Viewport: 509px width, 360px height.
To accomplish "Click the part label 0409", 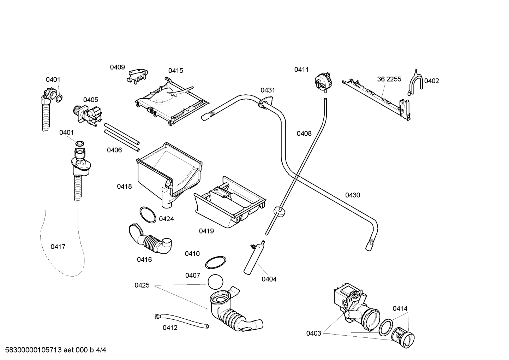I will point(117,67).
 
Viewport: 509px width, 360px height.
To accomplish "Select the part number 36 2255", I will point(389,79).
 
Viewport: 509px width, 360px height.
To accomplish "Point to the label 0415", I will point(175,71).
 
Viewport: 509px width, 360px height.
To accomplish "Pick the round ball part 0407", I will point(215,282).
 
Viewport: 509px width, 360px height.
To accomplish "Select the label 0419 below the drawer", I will point(206,231).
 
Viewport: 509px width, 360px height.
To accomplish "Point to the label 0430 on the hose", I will point(352,195).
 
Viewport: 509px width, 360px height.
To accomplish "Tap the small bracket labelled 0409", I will point(138,76).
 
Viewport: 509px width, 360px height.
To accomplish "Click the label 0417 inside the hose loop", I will point(58,247).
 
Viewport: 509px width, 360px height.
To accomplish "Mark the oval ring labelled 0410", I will point(216,262).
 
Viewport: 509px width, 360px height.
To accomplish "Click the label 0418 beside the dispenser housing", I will point(124,186).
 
